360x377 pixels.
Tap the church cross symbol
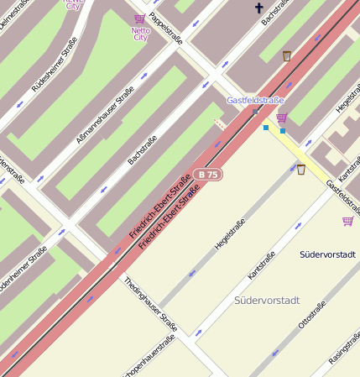click(258, 8)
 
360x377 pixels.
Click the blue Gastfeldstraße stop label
click(255, 100)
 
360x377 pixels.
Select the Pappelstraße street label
click(165, 27)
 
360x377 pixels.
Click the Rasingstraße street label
click(344, 348)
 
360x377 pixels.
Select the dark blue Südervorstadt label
click(327, 254)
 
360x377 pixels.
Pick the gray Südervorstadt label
click(267, 300)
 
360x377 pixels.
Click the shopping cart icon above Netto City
click(139, 18)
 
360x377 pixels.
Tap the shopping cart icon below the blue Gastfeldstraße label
click(281, 118)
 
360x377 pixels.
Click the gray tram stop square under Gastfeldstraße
click(255, 111)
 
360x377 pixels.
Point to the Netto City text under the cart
click(140, 34)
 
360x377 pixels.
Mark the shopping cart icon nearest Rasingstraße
click(347, 221)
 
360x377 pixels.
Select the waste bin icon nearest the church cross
click(287, 56)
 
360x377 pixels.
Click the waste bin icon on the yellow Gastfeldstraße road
click(300, 170)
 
